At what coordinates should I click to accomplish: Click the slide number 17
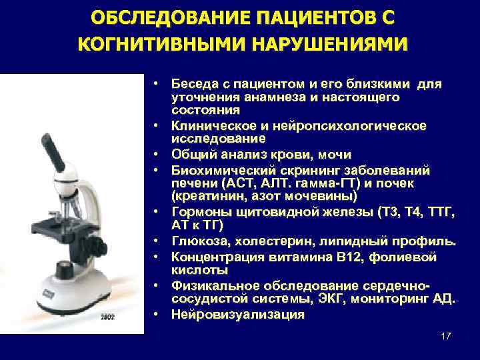446,336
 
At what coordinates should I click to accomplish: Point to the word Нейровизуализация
237,314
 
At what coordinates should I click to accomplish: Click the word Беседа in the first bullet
193,85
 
